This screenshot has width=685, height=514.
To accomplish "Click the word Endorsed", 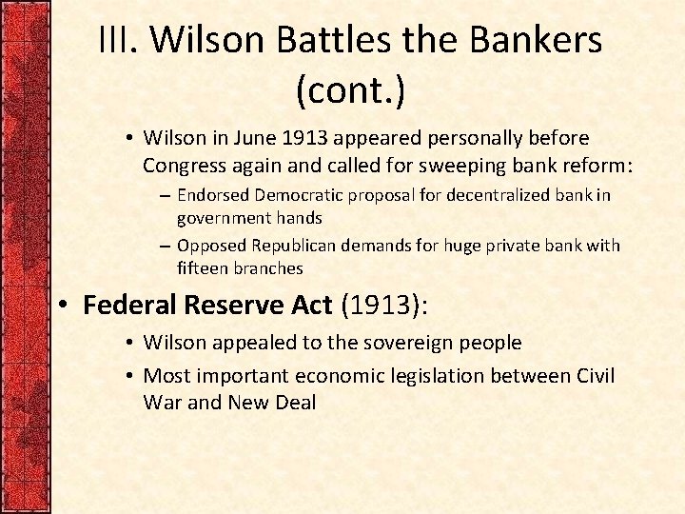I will (213, 195).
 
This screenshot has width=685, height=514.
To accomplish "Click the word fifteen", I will (203, 268).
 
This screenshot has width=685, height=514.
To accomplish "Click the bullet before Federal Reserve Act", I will (64, 306).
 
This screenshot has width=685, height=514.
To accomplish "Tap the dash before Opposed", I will (165, 246).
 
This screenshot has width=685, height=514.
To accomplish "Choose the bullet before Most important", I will (130, 376).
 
